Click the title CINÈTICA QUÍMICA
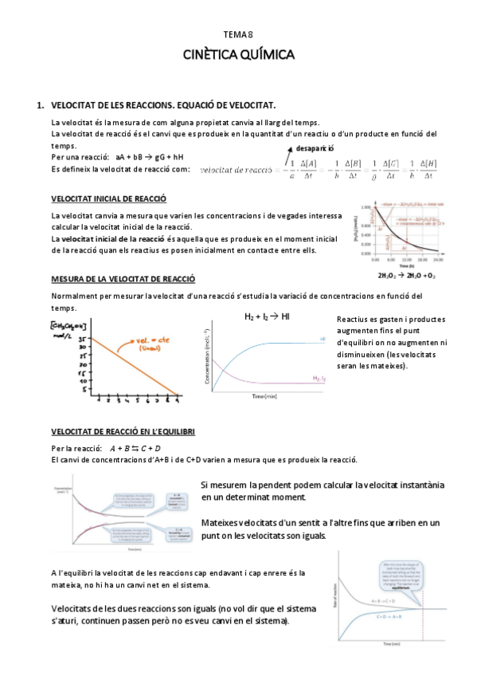pos(239,55)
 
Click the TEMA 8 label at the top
pos(239,33)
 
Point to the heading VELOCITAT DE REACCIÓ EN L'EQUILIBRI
pos(123,431)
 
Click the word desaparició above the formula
pos(315,149)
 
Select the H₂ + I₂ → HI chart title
pos(267,316)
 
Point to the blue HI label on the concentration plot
pos(323,340)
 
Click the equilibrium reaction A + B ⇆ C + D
pos(135,448)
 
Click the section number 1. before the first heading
pos(41,105)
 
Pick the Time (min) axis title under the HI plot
pos(264,396)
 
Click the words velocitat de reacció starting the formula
pos(237,170)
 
